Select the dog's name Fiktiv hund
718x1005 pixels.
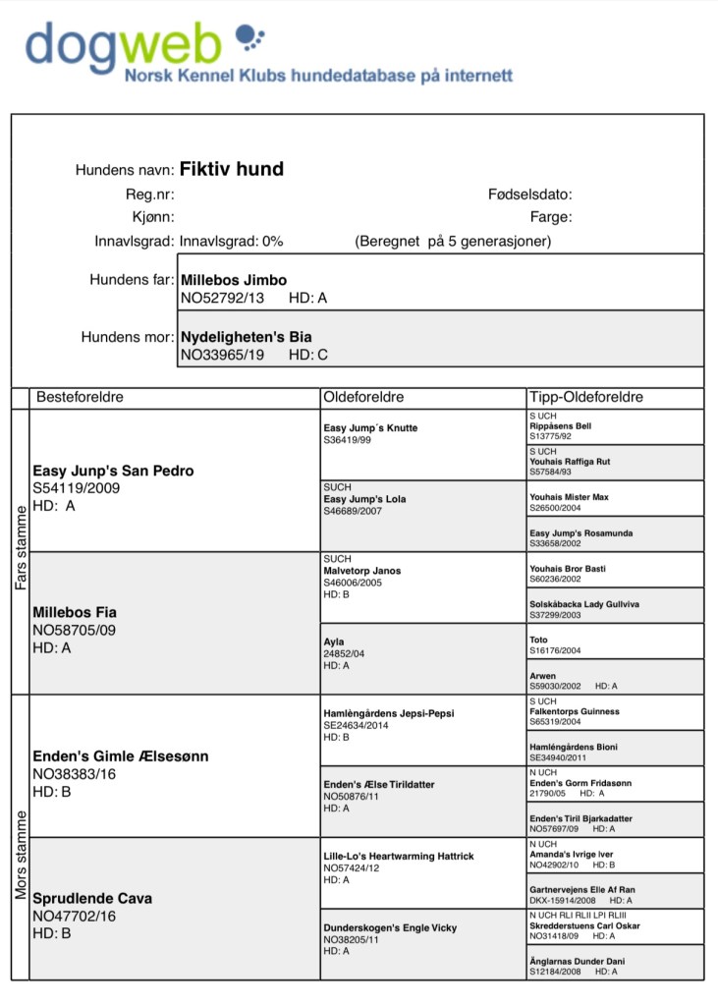231,169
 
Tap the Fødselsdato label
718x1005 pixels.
529,195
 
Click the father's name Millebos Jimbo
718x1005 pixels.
234,280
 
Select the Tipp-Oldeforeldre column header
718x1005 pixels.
585,397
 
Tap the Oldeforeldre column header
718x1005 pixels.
363,397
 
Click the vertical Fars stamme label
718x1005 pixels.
21,550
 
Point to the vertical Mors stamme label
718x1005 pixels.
21,836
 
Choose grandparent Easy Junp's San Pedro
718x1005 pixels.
113,471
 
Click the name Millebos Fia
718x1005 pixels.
75,612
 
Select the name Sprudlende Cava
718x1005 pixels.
92,898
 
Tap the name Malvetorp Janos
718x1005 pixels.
361,571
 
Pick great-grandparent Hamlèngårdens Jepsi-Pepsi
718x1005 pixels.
388,713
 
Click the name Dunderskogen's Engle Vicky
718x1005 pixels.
390,927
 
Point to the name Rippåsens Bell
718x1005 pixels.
560,426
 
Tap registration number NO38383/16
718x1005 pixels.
75,774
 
